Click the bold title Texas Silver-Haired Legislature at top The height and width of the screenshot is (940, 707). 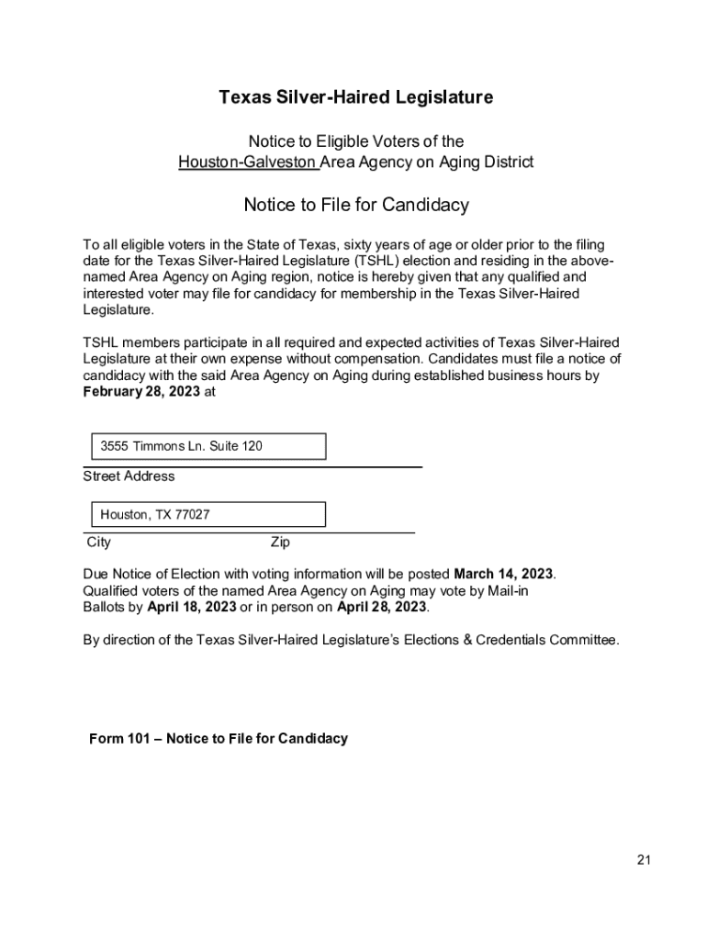[355, 97]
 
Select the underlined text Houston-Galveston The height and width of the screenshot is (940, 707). [248, 162]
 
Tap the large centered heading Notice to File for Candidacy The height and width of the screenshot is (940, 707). [355, 205]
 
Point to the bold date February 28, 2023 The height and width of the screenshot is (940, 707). [141, 392]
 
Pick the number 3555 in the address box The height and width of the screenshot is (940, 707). [115, 446]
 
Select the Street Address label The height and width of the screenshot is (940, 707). [129, 476]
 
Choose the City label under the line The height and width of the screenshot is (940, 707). [98, 543]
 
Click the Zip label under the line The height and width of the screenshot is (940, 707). [280, 543]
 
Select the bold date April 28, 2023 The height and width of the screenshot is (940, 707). [382, 608]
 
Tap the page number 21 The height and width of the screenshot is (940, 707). [643, 860]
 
